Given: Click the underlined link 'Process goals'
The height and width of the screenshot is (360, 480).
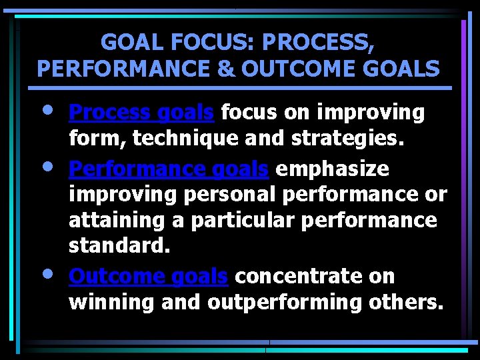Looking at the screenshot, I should (x=141, y=113).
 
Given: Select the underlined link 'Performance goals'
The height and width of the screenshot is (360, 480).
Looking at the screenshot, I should (x=169, y=169).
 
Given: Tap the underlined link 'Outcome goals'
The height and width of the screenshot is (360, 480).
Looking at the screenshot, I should (x=149, y=276).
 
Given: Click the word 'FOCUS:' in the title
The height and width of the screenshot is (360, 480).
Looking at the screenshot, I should (x=199, y=43).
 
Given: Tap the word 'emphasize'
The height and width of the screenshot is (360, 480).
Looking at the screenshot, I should (x=332, y=169).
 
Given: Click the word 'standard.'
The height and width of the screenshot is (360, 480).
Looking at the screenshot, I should (x=120, y=245).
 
